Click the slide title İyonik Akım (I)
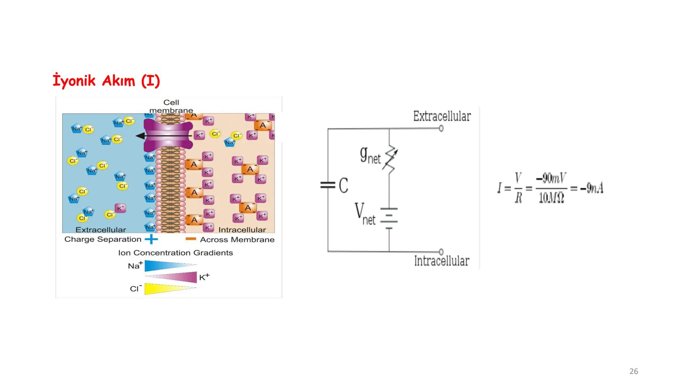106,81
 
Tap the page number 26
633,371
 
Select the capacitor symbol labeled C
328,185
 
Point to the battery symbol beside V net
389,218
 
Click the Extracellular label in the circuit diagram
442,116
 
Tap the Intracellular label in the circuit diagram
442,261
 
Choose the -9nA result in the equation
592,188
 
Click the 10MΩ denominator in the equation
551,198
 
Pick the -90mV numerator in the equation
551,178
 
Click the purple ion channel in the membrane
168,135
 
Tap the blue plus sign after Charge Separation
151,239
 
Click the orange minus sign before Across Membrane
191,239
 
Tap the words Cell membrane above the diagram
171,106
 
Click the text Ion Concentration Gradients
175,253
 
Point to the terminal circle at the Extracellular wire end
441,128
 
